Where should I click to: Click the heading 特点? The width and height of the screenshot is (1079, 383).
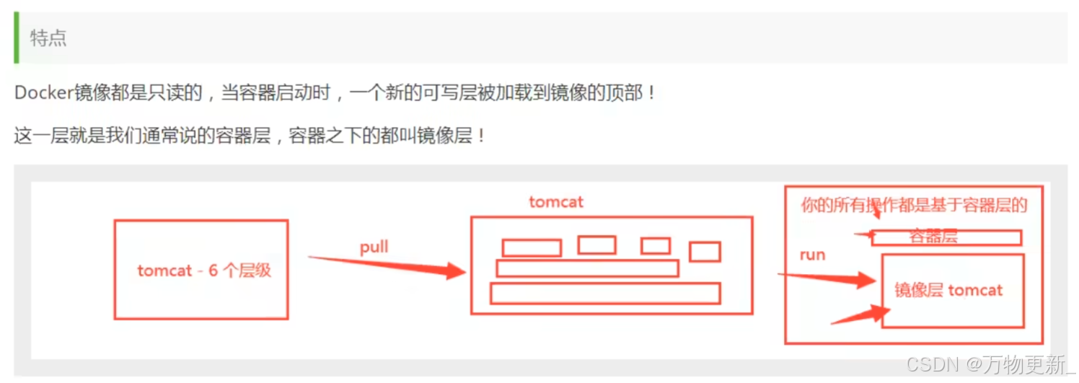[48, 38]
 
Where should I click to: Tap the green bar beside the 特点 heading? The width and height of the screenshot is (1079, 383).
[17, 38]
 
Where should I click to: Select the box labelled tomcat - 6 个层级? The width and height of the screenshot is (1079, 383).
[201, 269]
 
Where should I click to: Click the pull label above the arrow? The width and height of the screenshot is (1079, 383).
[374, 247]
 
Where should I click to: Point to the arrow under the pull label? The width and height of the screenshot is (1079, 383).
[389, 265]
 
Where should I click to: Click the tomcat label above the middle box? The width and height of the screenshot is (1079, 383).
[555, 202]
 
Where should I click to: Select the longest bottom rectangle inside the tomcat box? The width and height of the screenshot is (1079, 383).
[604, 293]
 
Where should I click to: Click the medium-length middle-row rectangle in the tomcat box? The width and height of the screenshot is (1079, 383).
[587, 268]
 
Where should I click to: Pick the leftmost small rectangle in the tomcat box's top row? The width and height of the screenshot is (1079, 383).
[532, 248]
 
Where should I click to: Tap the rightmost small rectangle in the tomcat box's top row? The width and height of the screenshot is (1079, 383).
[705, 252]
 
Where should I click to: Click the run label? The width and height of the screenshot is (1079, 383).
[812, 255]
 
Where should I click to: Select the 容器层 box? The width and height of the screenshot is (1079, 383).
[946, 237]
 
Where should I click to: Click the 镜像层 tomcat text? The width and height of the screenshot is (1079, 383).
[948, 291]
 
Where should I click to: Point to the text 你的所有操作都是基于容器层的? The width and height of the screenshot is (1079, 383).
[914, 206]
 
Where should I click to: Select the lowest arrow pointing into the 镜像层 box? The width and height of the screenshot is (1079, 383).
[862, 315]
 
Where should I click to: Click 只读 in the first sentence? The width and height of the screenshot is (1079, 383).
[149, 93]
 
